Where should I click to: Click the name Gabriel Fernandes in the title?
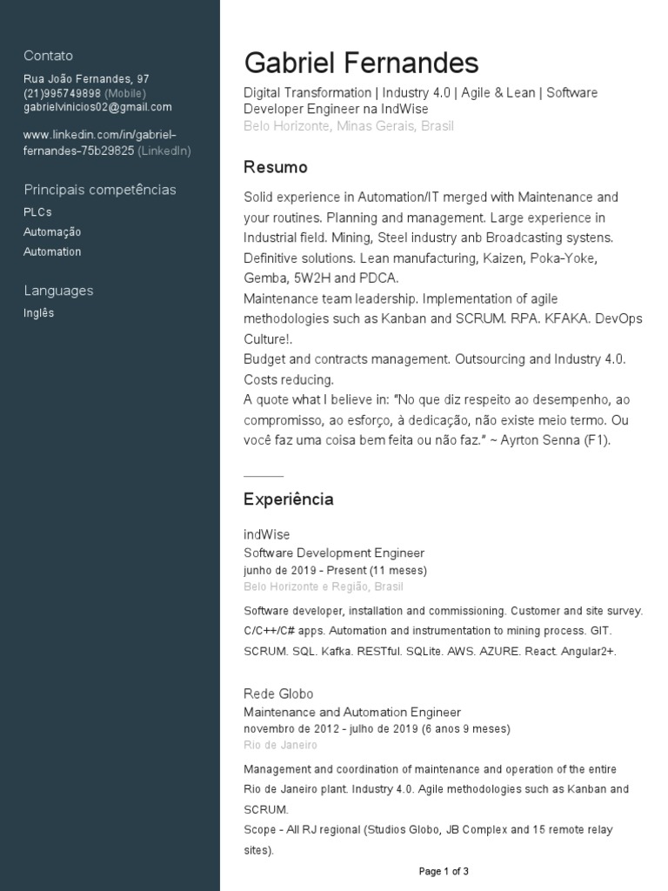point(361,63)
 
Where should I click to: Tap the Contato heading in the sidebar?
point(48,56)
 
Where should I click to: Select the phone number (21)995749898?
point(62,93)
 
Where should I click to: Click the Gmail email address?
point(97,107)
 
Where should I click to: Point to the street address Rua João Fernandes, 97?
point(86,79)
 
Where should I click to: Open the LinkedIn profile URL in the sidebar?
point(99,143)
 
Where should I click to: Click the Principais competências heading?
point(99,190)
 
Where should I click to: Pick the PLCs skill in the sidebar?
point(37,212)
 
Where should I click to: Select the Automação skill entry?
point(52,232)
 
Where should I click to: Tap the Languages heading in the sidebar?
point(58,291)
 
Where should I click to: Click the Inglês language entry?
point(38,313)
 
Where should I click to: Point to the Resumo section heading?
point(275,167)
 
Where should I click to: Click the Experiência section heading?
point(288,499)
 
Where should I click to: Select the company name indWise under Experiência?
point(266,534)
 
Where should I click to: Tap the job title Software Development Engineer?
point(334,553)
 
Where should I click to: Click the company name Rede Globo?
point(278,694)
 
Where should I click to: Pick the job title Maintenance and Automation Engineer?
point(351,713)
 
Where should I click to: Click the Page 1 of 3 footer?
point(444,871)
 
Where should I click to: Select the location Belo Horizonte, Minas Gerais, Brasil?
point(348,126)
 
